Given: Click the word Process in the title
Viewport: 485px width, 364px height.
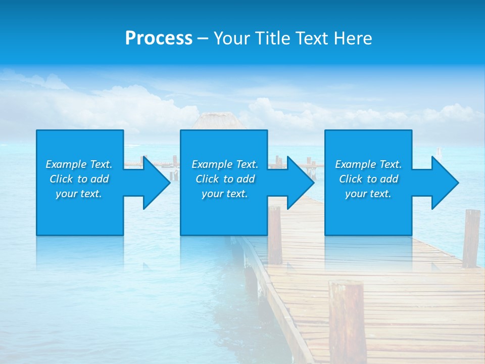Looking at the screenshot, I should (x=159, y=38).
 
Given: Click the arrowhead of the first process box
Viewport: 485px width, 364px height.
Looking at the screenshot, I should (x=156, y=183).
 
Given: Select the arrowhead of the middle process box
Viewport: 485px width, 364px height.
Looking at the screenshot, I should (x=300, y=183).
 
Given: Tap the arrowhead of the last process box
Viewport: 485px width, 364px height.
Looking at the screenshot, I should (x=444, y=183).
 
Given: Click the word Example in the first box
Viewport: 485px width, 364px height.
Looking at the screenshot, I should (x=66, y=164).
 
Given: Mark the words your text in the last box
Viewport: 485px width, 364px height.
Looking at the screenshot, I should (x=368, y=194).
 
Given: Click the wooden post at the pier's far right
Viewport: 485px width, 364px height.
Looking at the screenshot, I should (x=471, y=238).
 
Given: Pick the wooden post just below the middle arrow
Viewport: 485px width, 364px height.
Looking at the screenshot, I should (x=274, y=235).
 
